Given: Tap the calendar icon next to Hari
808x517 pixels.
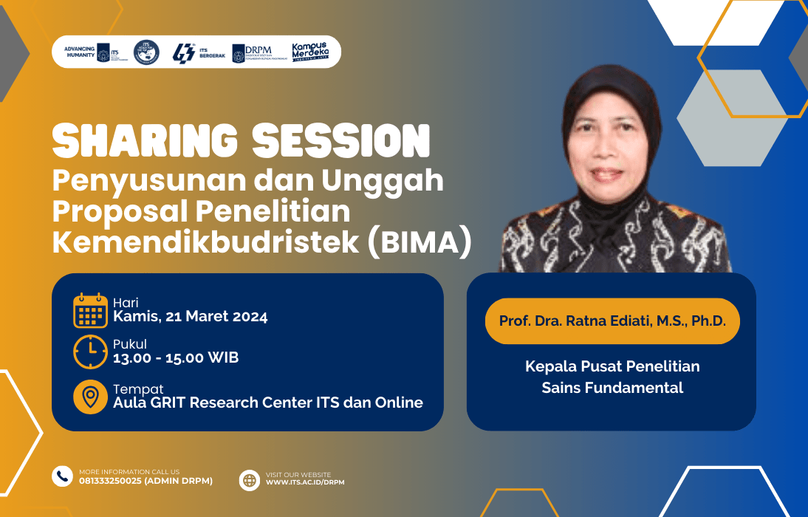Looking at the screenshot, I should click(x=90, y=310).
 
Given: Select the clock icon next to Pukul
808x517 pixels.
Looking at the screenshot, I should click(x=90, y=352).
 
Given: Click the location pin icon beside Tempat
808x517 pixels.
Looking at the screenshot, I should click(x=90, y=397).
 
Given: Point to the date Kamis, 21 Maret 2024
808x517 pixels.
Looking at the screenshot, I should click(x=190, y=318).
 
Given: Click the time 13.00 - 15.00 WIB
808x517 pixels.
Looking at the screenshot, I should click(x=175, y=358).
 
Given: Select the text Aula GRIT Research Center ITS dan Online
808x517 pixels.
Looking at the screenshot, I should click(x=267, y=403).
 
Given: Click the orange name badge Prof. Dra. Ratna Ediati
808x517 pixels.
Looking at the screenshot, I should click(x=612, y=321).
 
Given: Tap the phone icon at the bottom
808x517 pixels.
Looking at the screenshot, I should click(x=62, y=476).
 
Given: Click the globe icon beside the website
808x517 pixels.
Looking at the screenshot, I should click(x=250, y=480).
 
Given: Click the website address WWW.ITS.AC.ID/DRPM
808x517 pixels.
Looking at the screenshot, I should click(x=305, y=482).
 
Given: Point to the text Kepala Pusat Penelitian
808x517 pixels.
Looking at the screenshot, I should click(x=612, y=366).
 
